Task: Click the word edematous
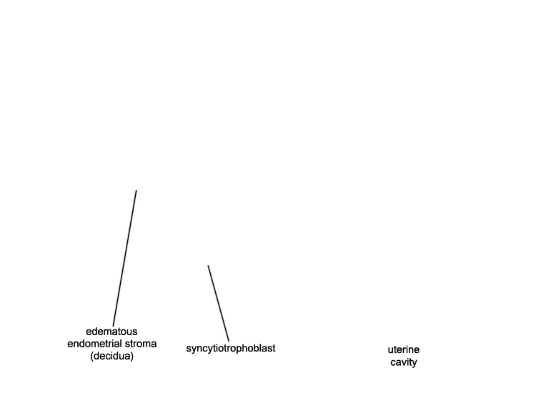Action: point(111,332)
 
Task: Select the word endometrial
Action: point(94,344)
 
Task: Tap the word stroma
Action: point(140,344)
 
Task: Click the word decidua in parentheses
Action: point(111,356)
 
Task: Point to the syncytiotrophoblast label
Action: point(231,348)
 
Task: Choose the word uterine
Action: point(403,349)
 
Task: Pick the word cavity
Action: point(403,362)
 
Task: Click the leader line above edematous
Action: point(125,258)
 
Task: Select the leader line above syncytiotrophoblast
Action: point(219,303)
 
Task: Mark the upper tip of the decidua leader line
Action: point(137,190)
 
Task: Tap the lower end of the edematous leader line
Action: point(113,326)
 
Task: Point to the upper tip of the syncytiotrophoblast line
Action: point(208,266)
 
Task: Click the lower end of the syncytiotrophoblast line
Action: point(229,341)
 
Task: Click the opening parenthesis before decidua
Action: point(92,357)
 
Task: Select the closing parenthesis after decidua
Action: point(131,357)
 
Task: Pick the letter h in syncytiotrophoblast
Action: point(244,348)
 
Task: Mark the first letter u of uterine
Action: point(390,351)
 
